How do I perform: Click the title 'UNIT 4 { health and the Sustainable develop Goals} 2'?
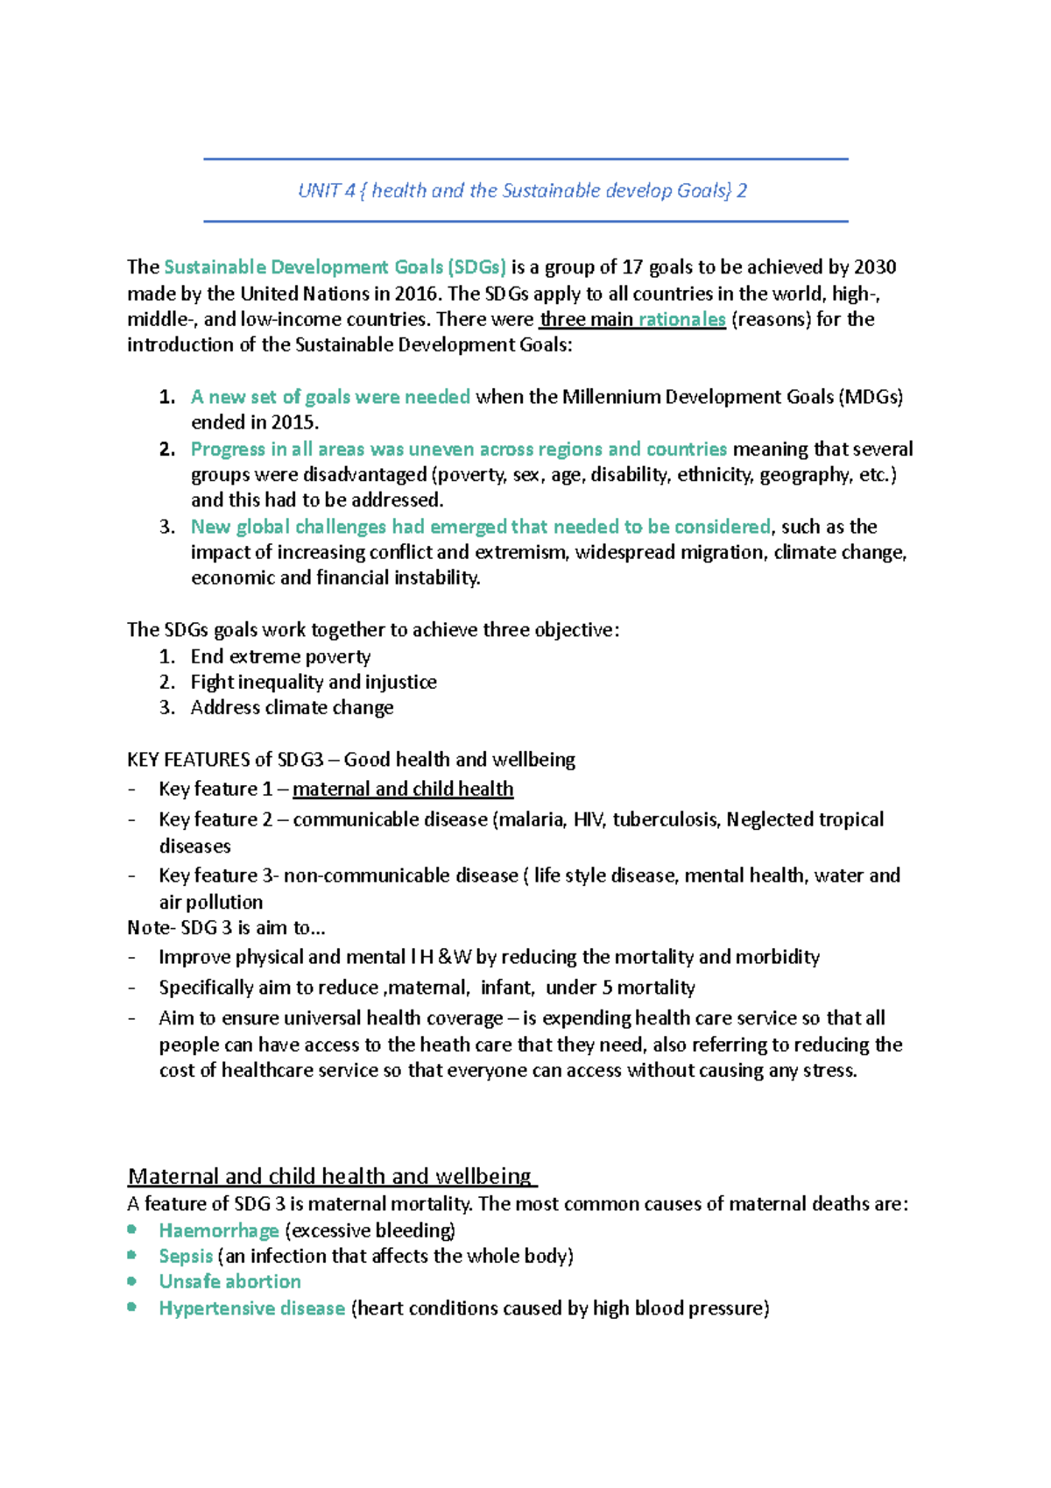coord(522,191)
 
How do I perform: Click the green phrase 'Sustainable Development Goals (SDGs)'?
coord(335,267)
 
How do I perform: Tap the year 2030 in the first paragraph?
coord(874,267)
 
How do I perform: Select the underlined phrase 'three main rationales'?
coord(632,319)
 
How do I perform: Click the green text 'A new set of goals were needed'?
coord(330,397)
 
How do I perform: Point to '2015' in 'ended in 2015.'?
coord(293,422)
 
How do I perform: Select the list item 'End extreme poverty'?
coord(280,656)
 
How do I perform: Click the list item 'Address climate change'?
coord(292,707)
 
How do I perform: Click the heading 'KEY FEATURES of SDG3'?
coord(226,760)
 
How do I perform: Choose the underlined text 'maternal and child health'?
coord(403,789)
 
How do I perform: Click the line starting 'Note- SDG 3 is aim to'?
coord(226,927)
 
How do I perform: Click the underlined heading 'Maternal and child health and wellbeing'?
coord(330,1176)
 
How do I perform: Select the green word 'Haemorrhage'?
coord(219,1230)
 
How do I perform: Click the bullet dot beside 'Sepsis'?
coord(132,1255)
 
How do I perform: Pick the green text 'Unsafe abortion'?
coord(229,1281)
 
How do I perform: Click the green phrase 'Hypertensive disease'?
coord(251,1308)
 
